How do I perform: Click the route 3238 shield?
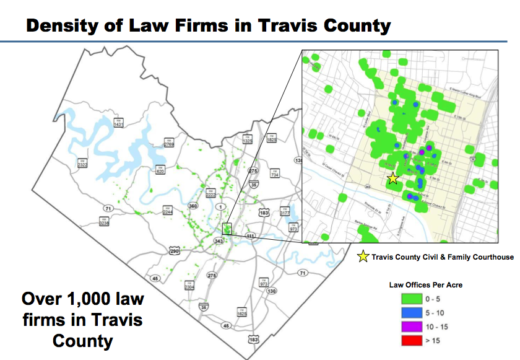104,221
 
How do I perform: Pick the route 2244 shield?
168,211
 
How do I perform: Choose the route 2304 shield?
189,286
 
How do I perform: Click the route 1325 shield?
248,139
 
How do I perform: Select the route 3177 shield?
285,211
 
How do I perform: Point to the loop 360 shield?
193,206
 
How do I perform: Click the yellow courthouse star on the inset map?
392,178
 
